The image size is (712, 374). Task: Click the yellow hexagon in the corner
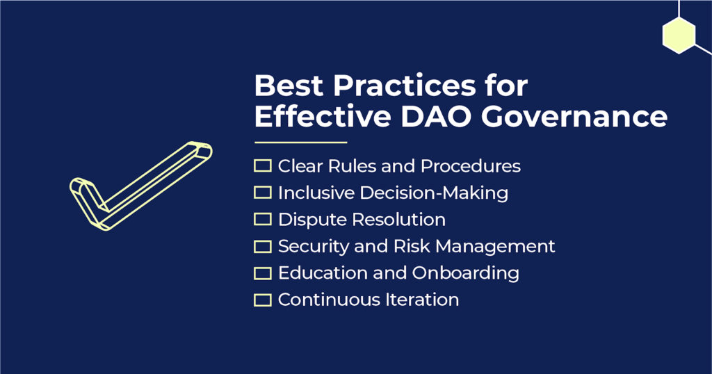679,35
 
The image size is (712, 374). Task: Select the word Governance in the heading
574,116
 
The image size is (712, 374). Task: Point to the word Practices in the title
404,85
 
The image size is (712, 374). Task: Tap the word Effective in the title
323,116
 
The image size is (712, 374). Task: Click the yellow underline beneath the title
301,143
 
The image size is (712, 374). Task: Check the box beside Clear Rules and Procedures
262,165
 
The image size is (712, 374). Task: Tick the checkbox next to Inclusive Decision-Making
262,193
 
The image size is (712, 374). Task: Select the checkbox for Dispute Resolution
262,219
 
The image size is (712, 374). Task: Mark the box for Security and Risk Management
262,246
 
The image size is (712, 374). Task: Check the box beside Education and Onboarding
262,273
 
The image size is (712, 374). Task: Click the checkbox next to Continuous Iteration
262,300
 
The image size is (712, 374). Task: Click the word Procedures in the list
471,166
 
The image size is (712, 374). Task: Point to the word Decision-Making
434,193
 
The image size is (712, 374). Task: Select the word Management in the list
495,247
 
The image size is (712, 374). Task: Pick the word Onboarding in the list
466,273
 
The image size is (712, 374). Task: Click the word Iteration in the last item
422,300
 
